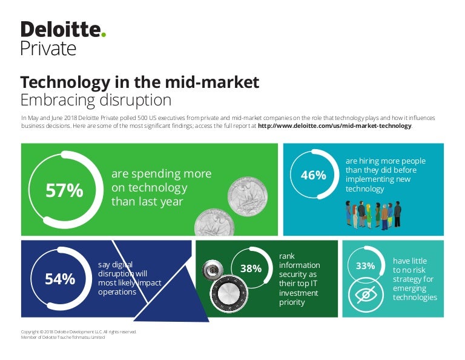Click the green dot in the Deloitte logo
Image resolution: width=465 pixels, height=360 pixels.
click(x=103, y=35)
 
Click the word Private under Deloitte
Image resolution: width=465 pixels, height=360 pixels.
click(x=48, y=48)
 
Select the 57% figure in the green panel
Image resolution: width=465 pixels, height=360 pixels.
click(x=64, y=190)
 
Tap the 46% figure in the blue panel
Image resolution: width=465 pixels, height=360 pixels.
click(x=313, y=175)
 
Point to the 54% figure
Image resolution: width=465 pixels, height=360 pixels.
click(x=60, y=279)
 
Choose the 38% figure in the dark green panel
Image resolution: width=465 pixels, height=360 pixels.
click(x=251, y=268)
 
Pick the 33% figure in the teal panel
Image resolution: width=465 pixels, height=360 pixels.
click(x=365, y=265)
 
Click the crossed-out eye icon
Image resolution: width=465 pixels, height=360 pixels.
click(x=366, y=295)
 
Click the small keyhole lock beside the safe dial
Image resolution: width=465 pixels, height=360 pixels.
click(x=213, y=270)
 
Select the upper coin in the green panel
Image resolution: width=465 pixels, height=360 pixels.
click(x=248, y=196)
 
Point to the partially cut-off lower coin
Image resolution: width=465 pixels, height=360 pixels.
click(x=214, y=222)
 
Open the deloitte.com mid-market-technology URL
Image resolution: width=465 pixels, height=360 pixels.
click(x=334, y=126)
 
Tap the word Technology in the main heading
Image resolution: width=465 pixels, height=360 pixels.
click(x=65, y=82)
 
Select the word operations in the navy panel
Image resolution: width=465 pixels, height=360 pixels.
click(x=117, y=292)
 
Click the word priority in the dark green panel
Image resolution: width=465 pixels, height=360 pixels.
click(x=292, y=302)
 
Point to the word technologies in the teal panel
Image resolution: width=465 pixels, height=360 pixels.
click(x=415, y=298)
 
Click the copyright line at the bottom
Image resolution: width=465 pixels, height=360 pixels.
click(x=79, y=332)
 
